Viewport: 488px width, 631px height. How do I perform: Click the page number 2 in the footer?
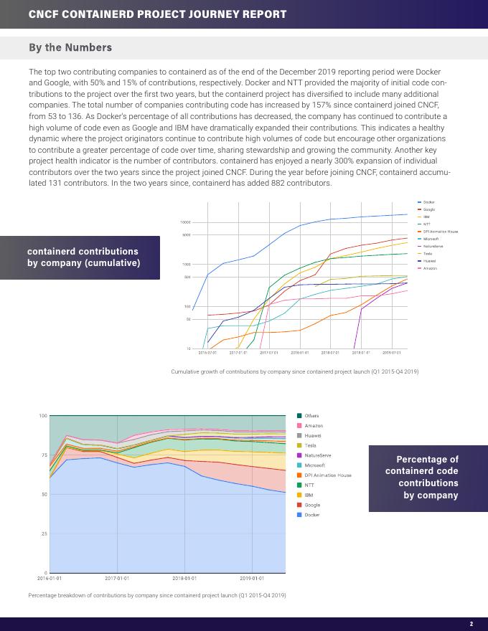click(x=471, y=624)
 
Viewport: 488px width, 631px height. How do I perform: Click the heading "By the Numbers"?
click(x=70, y=48)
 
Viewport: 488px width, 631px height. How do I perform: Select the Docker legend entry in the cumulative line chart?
click(x=428, y=203)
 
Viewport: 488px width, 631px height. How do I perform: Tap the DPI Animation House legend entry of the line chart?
click(x=440, y=232)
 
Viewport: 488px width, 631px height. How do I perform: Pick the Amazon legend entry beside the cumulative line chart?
click(x=430, y=268)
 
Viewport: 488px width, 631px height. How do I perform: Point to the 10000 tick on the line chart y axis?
click(x=185, y=223)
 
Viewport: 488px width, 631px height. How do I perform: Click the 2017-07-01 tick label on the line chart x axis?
click(x=268, y=353)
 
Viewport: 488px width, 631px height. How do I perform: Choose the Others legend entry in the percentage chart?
click(x=311, y=416)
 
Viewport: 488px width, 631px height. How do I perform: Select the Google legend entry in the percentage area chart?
click(x=312, y=505)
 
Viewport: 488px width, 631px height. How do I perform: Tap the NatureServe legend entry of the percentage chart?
click(x=317, y=455)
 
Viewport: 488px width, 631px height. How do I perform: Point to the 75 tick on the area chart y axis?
click(x=43, y=455)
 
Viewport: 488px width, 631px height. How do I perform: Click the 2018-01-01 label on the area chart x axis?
click(x=184, y=578)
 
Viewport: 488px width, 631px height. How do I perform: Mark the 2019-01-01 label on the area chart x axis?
click(x=252, y=578)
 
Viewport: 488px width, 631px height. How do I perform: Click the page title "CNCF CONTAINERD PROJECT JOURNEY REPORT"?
click(x=157, y=14)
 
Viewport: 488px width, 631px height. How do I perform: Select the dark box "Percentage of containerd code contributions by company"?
click(x=427, y=477)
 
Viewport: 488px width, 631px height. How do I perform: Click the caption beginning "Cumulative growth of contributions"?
click(x=294, y=371)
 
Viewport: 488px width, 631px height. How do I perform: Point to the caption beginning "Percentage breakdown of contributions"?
click(x=157, y=595)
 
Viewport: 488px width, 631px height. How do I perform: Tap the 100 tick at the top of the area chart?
click(x=42, y=416)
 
